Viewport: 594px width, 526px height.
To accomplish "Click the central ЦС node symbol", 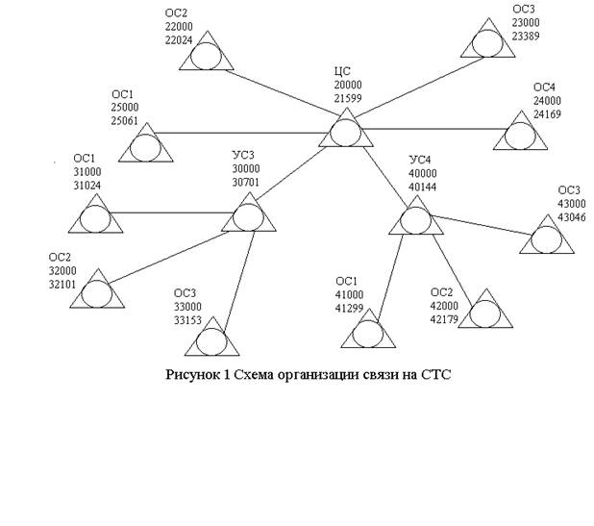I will (345, 132).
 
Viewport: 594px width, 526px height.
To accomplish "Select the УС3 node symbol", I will (248, 215).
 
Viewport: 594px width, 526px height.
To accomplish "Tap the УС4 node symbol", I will (415, 218).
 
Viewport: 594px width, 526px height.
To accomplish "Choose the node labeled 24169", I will (520, 136).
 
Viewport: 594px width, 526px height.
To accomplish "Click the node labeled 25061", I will (145, 147).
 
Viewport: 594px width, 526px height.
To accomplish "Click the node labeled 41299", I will (367, 333).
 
